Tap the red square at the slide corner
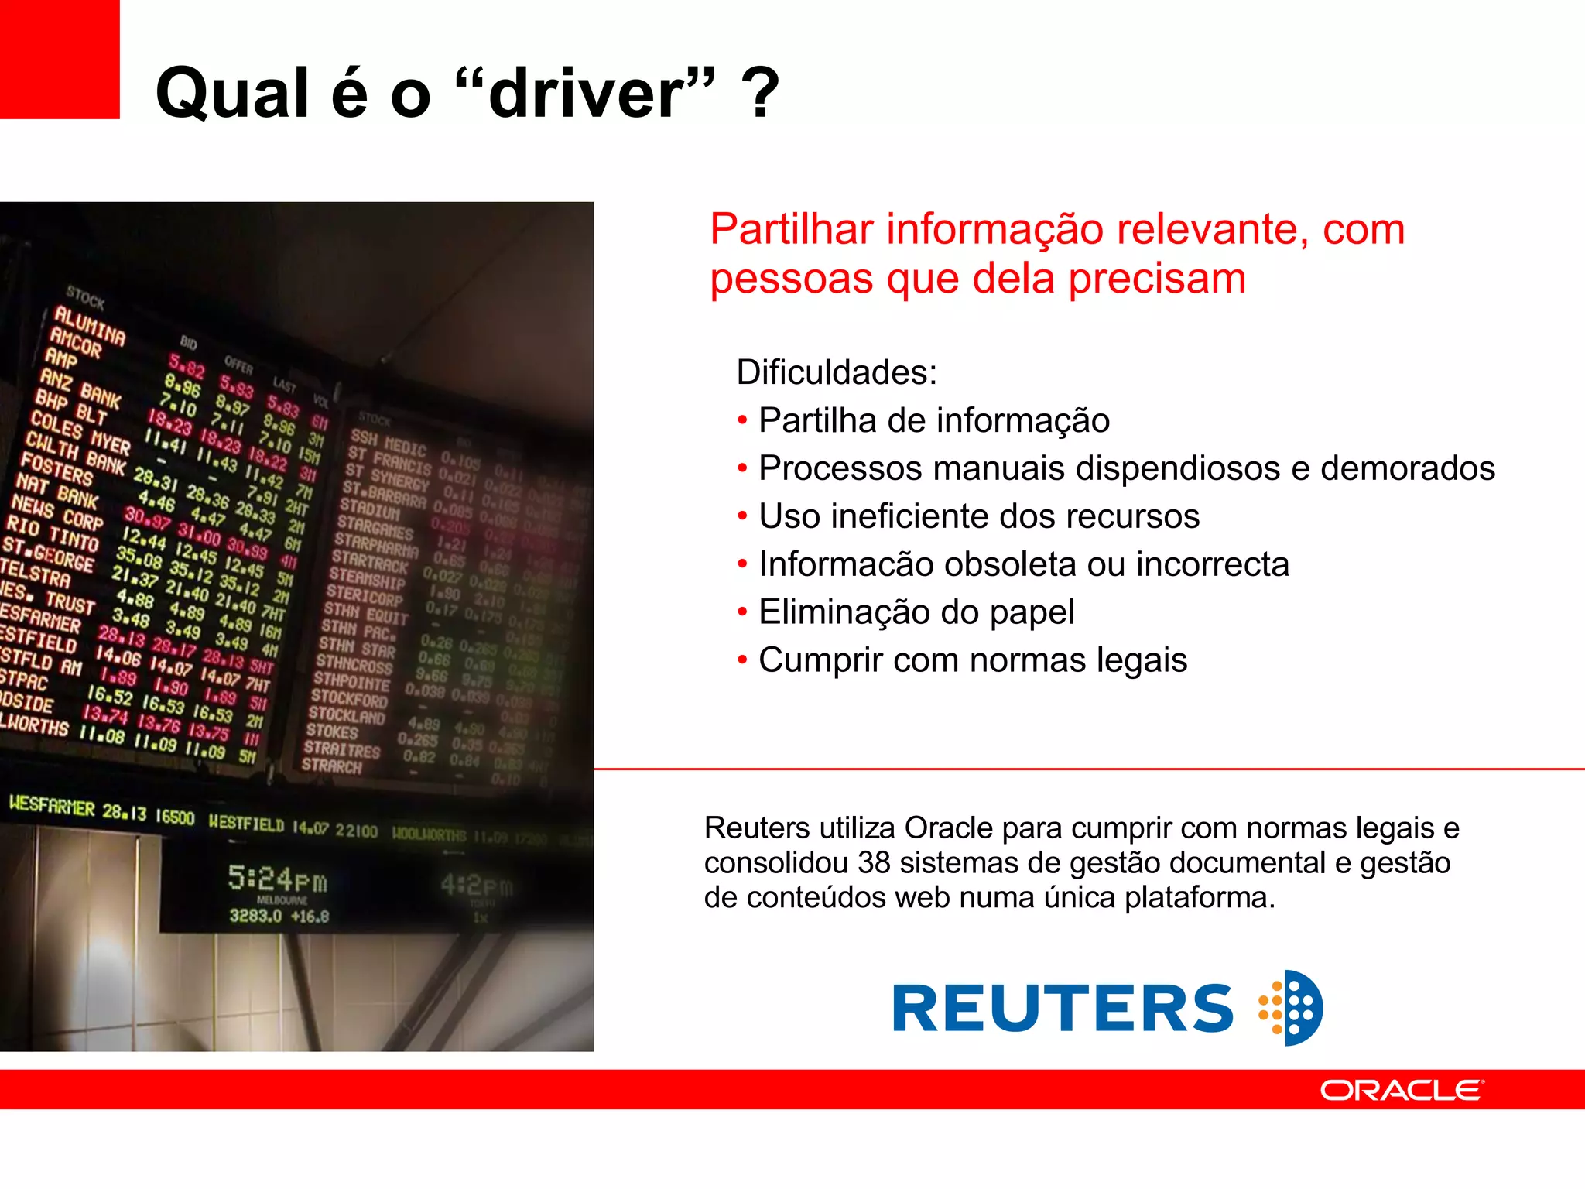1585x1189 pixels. coord(60,59)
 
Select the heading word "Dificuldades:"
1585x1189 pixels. coord(837,372)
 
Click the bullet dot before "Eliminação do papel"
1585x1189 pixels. coord(742,613)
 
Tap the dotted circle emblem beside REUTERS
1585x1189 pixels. coord(1292,1008)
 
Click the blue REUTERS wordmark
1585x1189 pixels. coord(1063,1009)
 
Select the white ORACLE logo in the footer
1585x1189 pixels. coord(1402,1090)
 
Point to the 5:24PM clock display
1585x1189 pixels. coord(277,879)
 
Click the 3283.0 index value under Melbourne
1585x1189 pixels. coord(255,916)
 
